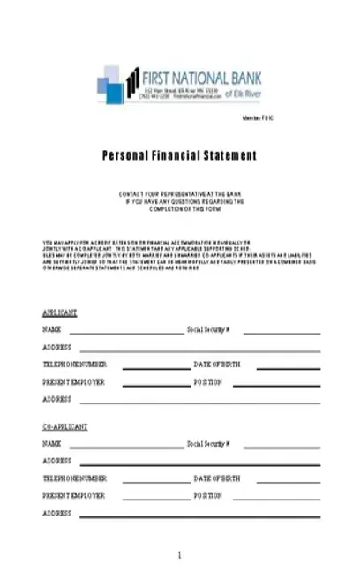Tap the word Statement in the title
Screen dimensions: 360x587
[x=233, y=155]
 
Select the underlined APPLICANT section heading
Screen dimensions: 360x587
[x=60, y=313]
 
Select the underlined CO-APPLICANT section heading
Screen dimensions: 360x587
[x=65, y=427]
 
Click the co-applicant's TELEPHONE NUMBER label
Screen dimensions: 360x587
[x=75, y=478]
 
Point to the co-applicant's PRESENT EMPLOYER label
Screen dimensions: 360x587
[x=74, y=495]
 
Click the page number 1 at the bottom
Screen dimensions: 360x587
[x=179, y=555]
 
